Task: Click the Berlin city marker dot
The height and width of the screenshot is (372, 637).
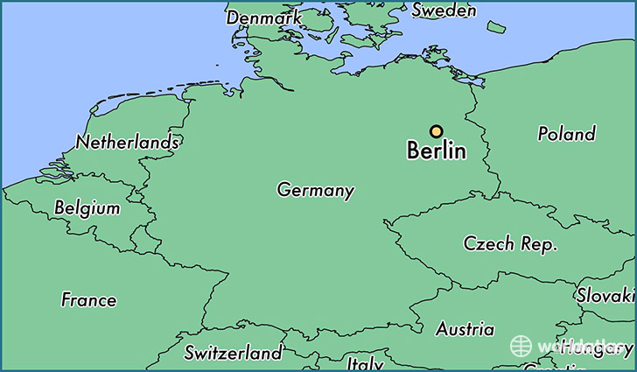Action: tap(436, 131)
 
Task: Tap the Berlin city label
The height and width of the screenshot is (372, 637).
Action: tap(437, 151)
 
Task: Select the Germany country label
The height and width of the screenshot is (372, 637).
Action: tap(316, 190)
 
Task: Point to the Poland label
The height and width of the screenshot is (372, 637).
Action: tap(566, 134)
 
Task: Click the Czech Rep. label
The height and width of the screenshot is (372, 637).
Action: tap(510, 244)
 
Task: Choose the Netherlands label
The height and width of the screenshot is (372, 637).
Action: tap(128, 142)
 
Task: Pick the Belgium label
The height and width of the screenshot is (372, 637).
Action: tap(87, 208)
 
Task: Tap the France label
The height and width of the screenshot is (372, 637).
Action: tap(88, 299)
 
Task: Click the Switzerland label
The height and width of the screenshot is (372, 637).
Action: tap(233, 353)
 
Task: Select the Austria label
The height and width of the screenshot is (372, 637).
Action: tap(465, 330)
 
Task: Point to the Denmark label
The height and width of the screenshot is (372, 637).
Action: tap(264, 18)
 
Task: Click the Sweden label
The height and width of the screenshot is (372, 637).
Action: tap(444, 11)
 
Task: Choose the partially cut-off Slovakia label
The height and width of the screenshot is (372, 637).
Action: tap(605, 296)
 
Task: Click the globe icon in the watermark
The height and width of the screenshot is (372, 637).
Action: tap(522, 346)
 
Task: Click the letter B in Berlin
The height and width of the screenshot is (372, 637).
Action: tap(414, 151)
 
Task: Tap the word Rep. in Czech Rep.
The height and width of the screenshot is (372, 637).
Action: tap(537, 245)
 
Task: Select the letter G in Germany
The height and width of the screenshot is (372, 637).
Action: tap(283, 190)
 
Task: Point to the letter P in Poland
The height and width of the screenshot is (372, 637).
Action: tap(543, 134)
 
